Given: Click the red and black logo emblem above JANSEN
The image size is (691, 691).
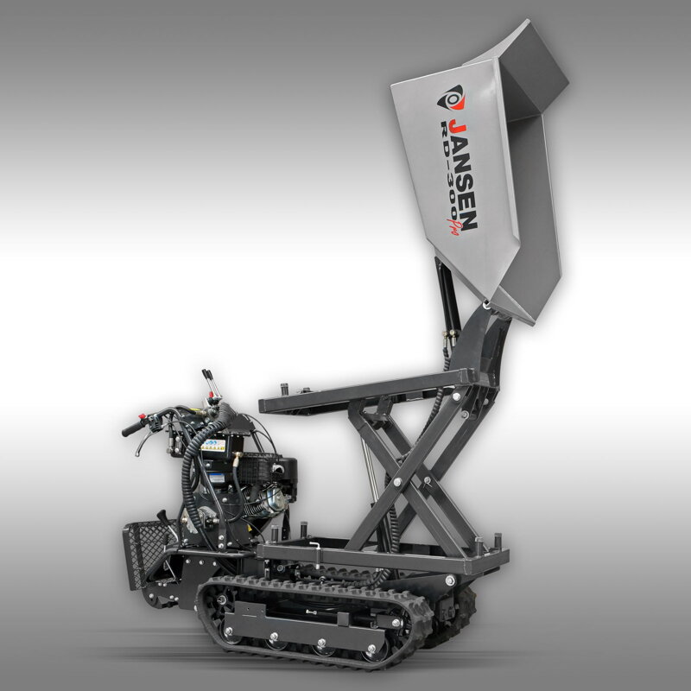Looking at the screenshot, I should pos(451,98).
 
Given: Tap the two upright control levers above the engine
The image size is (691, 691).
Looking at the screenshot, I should pos(211,384).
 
